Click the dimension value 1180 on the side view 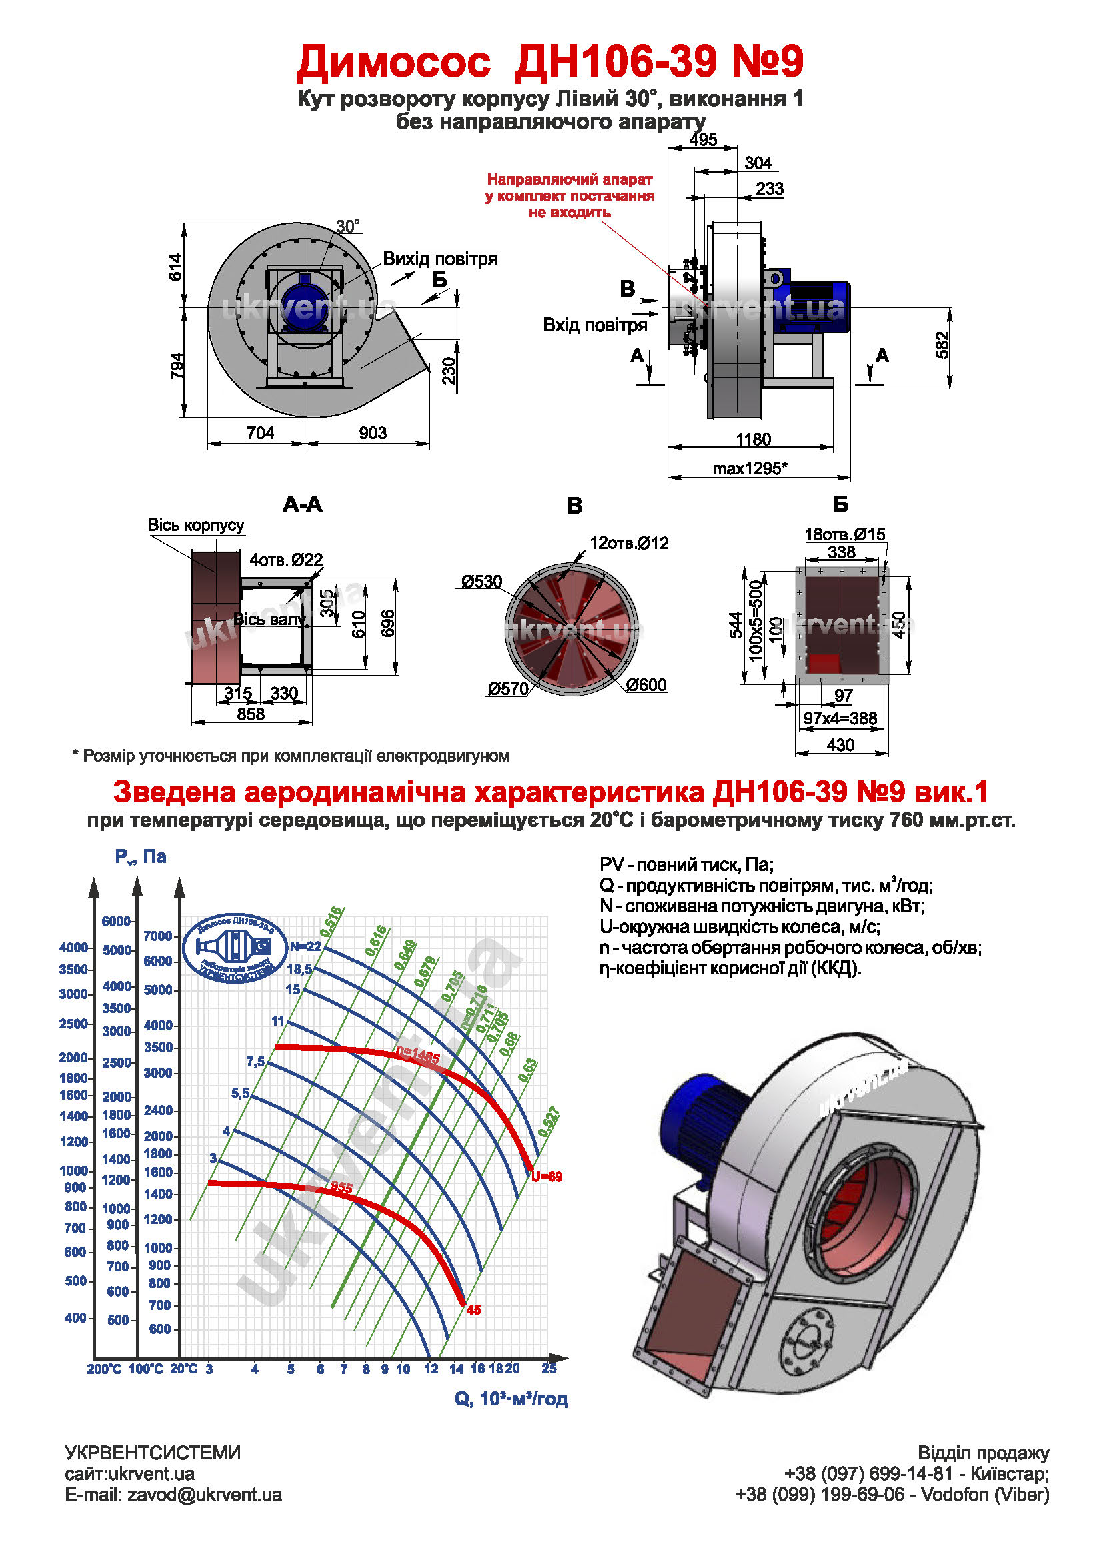click(x=752, y=439)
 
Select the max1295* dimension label click(x=750, y=468)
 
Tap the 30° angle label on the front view click(x=347, y=226)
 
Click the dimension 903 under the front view click(x=372, y=433)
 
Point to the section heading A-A click(x=302, y=504)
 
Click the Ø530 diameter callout click(x=481, y=582)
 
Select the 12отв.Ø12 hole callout click(x=629, y=543)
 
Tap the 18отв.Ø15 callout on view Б click(x=845, y=534)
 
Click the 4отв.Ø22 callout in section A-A click(x=286, y=560)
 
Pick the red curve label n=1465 click(x=418, y=1057)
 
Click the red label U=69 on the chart click(x=547, y=1177)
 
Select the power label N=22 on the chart click(x=305, y=946)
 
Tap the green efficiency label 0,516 click(x=331, y=921)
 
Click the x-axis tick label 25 click(x=549, y=1369)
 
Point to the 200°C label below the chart click(x=104, y=1369)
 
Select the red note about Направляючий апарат click(x=570, y=195)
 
